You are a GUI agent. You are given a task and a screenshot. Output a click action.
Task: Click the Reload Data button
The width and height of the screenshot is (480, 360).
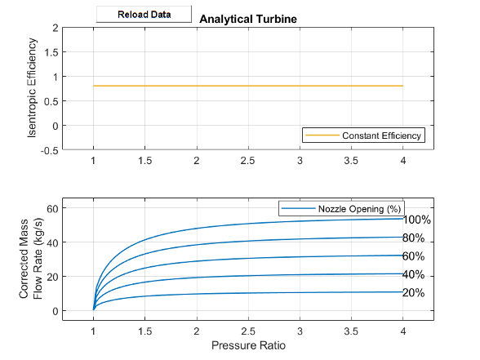click(143, 15)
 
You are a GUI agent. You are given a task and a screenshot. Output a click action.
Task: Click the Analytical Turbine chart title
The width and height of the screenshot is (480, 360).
click(247, 19)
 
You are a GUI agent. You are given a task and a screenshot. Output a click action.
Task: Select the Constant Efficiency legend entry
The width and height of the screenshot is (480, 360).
click(383, 135)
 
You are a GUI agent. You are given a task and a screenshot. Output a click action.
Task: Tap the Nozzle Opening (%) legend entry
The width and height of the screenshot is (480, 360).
click(359, 210)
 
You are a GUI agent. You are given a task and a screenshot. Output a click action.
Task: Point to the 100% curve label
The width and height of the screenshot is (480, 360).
click(417, 220)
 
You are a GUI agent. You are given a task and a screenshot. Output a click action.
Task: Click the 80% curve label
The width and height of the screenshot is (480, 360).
click(414, 238)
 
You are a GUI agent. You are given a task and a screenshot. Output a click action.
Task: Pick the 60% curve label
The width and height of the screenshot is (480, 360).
click(414, 256)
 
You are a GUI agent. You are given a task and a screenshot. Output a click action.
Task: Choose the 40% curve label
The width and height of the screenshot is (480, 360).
click(414, 274)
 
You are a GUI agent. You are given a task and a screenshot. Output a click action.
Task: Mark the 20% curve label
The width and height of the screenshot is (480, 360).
click(414, 293)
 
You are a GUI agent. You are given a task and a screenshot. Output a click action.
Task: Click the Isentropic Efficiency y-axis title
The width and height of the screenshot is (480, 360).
click(33, 89)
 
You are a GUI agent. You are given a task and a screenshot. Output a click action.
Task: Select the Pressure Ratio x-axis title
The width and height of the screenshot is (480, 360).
click(248, 345)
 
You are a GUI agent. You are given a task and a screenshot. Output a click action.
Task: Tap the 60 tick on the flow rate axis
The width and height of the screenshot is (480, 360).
click(50, 208)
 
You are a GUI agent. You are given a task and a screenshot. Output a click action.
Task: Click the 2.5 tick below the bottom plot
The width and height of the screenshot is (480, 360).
click(248, 332)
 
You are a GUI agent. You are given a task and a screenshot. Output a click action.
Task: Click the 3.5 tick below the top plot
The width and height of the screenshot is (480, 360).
click(351, 161)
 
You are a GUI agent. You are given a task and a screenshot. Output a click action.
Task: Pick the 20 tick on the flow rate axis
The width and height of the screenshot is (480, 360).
click(50, 277)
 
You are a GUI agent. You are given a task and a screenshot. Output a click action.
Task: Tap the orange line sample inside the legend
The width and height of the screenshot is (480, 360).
click(320, 135)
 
